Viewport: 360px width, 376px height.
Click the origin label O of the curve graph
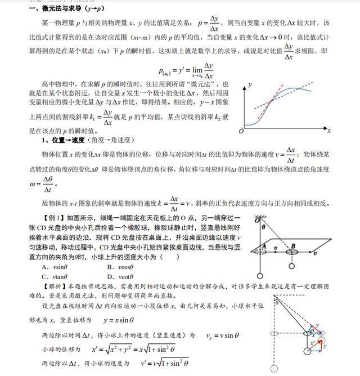click(241, 131)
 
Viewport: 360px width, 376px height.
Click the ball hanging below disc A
click(260, 275)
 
